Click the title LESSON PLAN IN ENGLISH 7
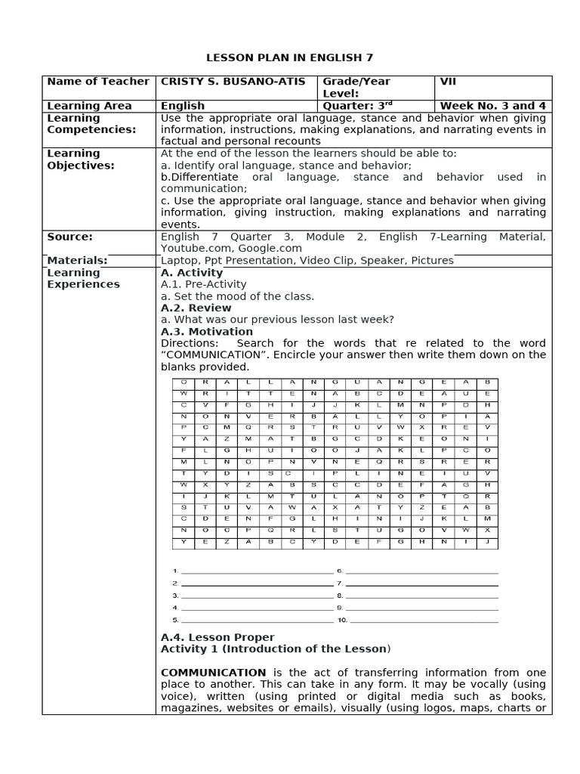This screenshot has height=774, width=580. tap(290, 57)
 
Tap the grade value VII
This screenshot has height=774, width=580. tap(449, 82)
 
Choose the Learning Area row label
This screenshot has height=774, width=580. tap(89, 106)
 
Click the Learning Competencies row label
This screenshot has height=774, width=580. tap(91, 124)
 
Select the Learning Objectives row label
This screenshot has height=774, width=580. tap(81, 159)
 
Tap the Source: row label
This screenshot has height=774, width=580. tap(69, 237)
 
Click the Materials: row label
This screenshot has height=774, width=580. tap(77, 261)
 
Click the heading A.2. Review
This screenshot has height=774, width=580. tap(196, 308)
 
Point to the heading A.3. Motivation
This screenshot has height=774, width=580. tap(207, 332)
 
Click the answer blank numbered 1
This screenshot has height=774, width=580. tap(256, 572)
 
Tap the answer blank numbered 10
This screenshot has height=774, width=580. tap(423, 621)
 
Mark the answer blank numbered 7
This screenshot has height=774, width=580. tap(423, 584)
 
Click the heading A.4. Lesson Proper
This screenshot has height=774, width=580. tap(217, 638)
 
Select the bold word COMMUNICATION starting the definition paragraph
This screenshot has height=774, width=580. tap(214, 673)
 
